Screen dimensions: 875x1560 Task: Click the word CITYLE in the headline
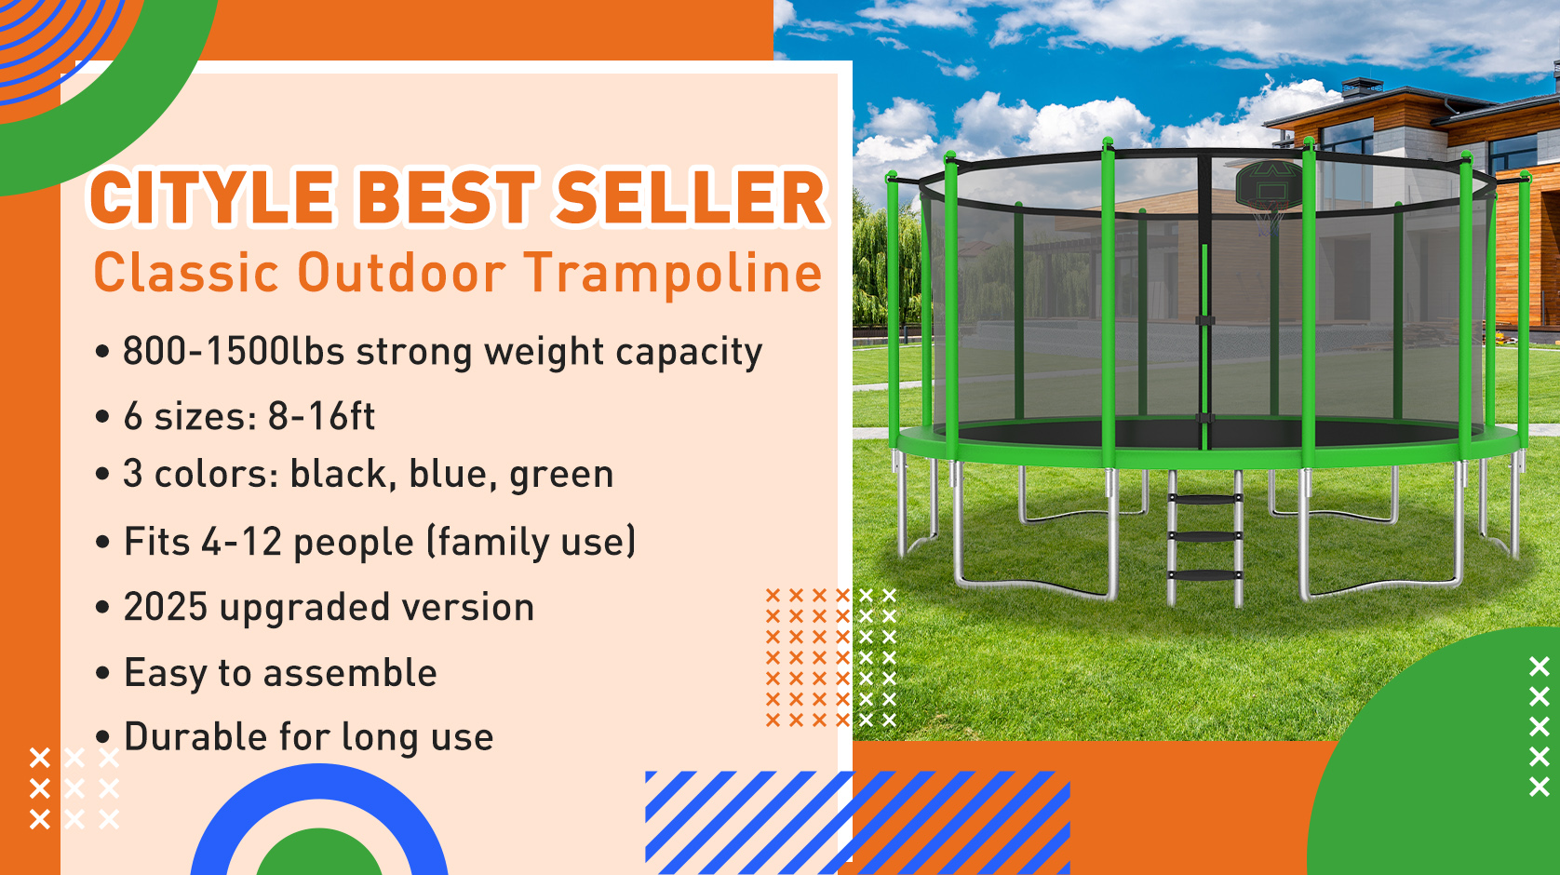coord(212,198)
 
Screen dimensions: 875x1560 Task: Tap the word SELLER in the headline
coord(691,198)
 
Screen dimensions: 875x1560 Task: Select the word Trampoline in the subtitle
coord(673,274)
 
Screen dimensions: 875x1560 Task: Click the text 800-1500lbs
coord(233,352)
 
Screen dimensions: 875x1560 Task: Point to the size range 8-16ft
coord(321,416)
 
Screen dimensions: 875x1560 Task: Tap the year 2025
coord(166,607)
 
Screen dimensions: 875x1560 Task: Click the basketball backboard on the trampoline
coord(1268,186)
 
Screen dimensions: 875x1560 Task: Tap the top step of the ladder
coord(1204,500)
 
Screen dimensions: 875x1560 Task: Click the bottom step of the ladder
coord(1204,575)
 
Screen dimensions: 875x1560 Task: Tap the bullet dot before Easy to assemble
coord(103,674)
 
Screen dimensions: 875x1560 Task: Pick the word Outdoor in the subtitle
coord(401,274)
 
